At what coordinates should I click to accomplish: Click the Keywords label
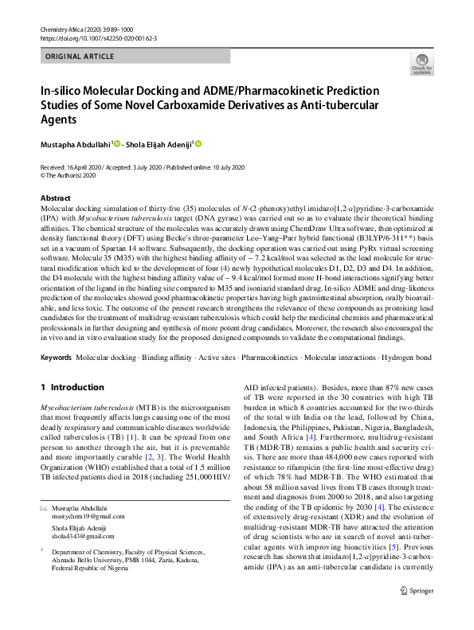(x=57, y=355)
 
